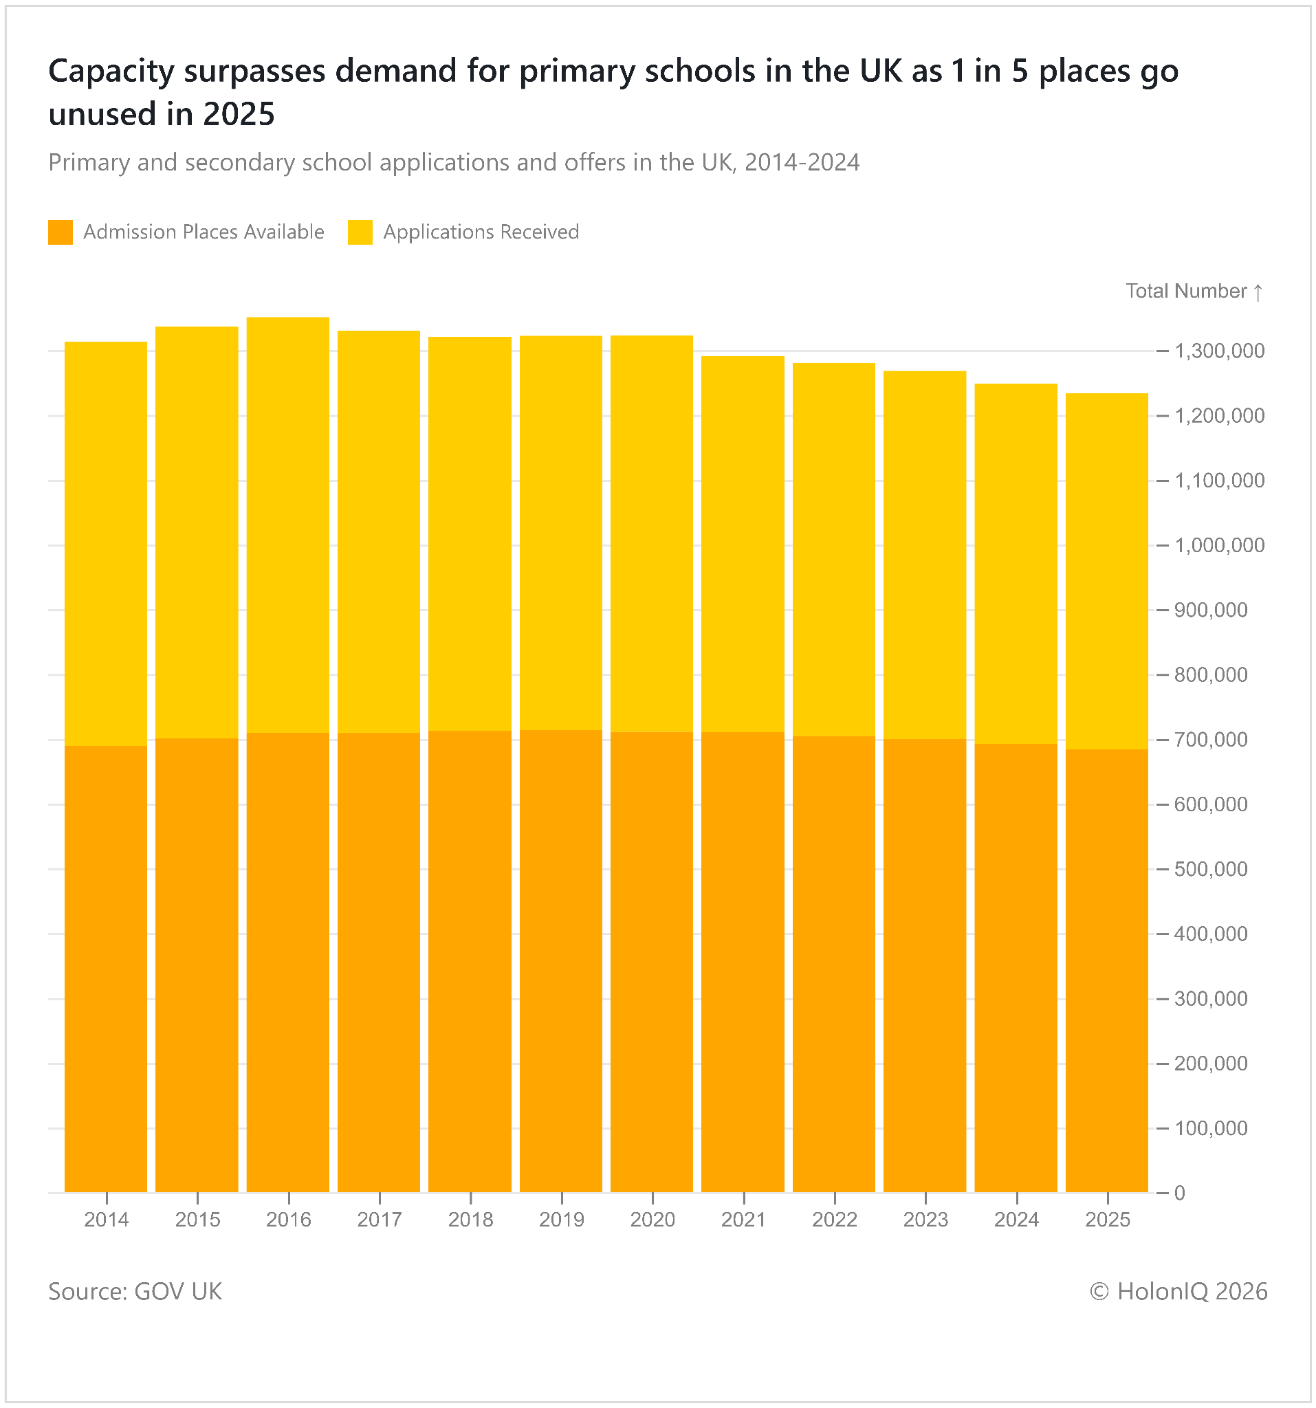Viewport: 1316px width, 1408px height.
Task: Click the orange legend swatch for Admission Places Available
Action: [x=61, y=232]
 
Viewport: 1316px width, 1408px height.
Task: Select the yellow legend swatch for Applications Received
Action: [x=360, y=232]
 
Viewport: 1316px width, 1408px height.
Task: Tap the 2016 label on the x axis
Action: [x=288, y=1220]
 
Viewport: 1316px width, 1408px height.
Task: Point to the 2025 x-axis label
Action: [x=1108, y=1220]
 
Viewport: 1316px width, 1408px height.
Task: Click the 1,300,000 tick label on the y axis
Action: [x=1219, y=351]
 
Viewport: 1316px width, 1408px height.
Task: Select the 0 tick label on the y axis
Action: [x=1179, y=1193]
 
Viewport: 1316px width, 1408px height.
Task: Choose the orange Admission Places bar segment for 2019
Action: [x=561, y=961]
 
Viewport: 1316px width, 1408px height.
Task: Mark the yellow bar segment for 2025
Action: [x=1106, y=571]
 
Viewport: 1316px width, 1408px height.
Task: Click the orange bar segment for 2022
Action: [x=833, y=964]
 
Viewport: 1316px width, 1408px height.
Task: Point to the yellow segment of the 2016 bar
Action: [x=288, y=525]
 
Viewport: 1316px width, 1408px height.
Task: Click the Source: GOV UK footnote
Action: [x=135, y=1291]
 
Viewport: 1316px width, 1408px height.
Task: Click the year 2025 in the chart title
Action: [x=239, y=115]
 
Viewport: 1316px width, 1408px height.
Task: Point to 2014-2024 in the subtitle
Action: [x=802, y=163]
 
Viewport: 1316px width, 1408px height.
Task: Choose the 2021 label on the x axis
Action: [x=743, y=1220]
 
